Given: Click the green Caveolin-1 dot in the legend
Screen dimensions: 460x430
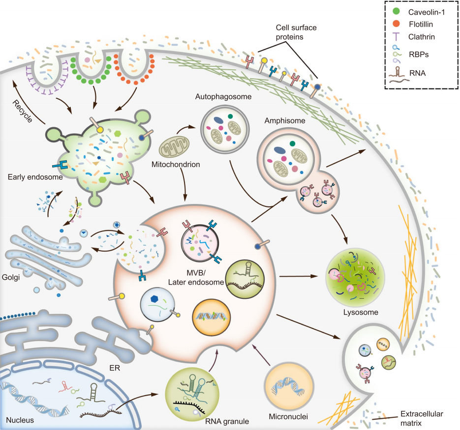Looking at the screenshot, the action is click(396, 11).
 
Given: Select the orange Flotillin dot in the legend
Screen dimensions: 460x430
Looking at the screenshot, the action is click(396, 24).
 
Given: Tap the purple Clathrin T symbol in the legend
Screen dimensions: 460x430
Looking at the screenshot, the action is click(396, 37).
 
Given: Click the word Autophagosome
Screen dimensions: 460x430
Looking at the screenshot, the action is click(223, 97).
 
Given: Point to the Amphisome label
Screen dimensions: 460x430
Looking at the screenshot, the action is click(284, 121).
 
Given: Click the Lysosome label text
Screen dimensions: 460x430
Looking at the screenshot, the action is click(361, 313).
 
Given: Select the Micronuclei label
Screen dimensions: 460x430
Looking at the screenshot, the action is click(288, 417).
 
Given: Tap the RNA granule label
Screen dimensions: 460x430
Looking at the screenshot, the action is click(227, 422).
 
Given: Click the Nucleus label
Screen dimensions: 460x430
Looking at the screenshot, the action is click(20, 420).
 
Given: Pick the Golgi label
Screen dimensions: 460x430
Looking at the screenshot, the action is click(10, 277).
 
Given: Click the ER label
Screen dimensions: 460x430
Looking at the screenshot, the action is click(115, 368).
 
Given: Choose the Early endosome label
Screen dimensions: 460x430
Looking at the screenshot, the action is click(35, 177).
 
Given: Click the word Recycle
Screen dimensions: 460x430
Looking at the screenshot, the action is click(22, 111).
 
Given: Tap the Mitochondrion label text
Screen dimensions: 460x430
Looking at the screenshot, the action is click(176, 165).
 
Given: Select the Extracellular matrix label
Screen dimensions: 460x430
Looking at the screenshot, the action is click(422, 418).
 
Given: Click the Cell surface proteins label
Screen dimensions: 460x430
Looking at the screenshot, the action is click(296, 32).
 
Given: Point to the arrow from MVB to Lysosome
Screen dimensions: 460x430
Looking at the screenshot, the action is click(299, 276).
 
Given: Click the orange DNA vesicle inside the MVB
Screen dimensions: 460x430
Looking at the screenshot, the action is click(211, 317).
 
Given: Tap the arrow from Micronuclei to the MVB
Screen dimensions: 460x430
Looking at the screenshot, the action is click(261, 355).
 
